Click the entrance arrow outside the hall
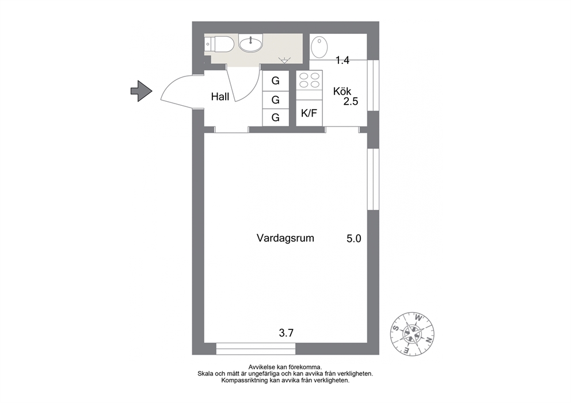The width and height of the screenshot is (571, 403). click(x=141, y=91)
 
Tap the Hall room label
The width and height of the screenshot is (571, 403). click(x=220, y=97)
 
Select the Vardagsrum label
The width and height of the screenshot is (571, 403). click(x=285, y=238)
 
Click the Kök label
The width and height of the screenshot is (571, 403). click(x=342, y=91)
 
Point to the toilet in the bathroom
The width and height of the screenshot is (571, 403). click(x=219, y=44)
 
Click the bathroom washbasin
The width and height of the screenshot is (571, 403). click(x=250, y=43)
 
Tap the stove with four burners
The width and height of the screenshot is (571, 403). click(x=309, y=80)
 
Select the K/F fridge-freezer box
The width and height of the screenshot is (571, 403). click(x=309, y=113)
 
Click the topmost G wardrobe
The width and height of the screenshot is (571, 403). click(x=276, y=80)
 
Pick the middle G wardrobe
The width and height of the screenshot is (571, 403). click(x=276, y=99)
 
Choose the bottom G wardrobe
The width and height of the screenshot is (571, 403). click(x=276, y=117)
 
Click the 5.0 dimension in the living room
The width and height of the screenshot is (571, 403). click(x=353, y=239)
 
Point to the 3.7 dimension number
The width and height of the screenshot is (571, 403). click(x=286, y=333)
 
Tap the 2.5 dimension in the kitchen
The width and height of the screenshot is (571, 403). click(x=351, y=101)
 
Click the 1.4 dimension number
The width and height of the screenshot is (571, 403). click(x=342, y=60)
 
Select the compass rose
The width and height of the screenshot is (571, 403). click(x=412, y=333)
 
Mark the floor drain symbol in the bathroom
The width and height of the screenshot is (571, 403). click(x=284, y=60)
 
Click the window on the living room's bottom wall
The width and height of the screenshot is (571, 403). click(x=256, y=348)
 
